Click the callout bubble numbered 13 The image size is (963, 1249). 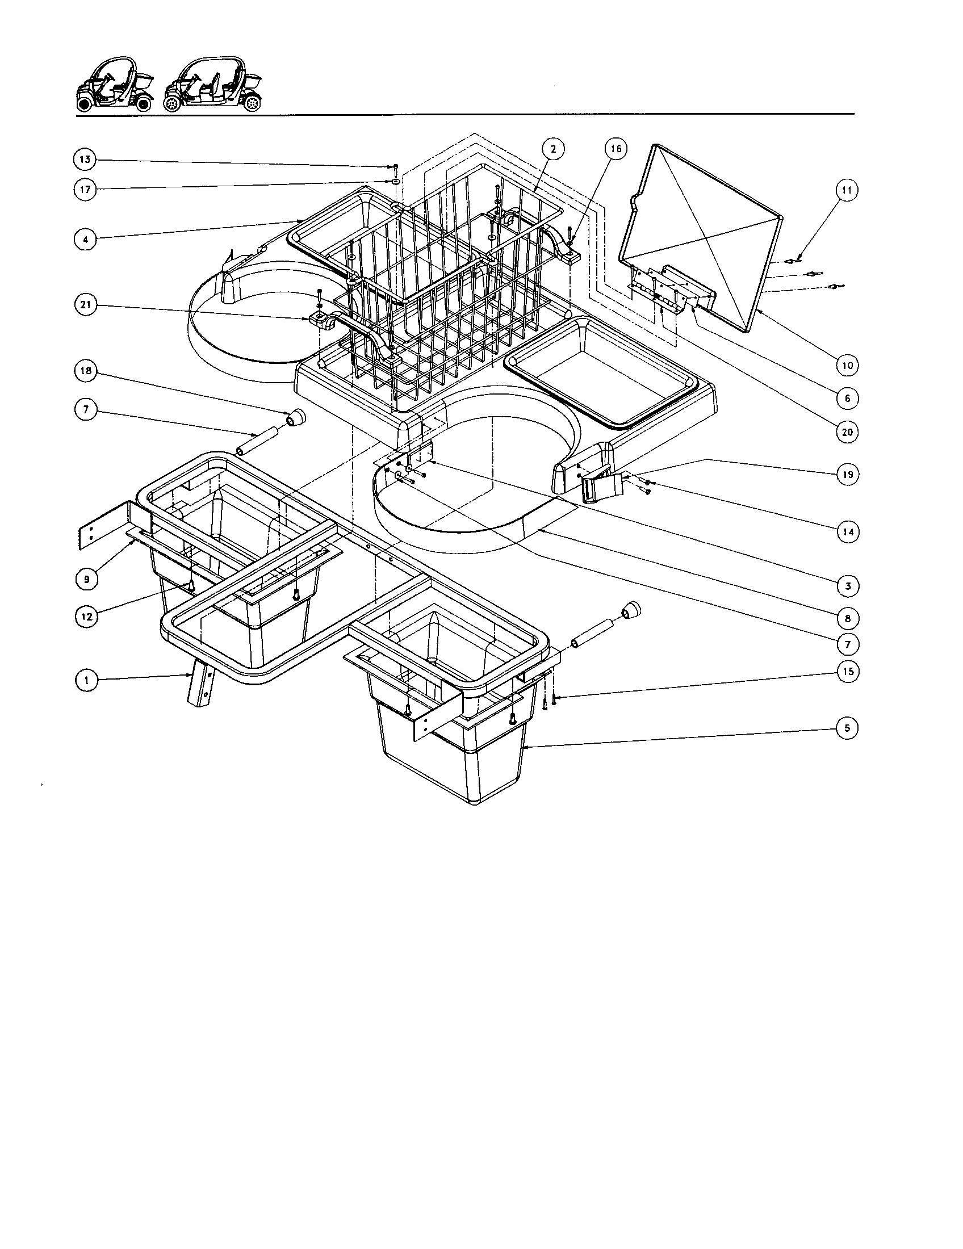tap(85, 160)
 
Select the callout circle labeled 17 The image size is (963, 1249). tap(85, 190)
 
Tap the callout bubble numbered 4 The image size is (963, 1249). tap(85, 239)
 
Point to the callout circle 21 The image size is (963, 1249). tap(85, 305)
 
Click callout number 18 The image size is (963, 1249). tap(85, 371)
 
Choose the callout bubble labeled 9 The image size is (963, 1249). tap(86, 579)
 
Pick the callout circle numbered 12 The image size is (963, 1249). tap(86, 616)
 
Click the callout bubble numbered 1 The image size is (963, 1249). tap(86, 680)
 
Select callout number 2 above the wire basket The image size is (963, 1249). tap(553, 149)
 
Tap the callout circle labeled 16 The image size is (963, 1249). tap(616, 149)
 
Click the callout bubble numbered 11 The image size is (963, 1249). tap(847, 190)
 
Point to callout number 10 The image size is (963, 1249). tap(847, 365)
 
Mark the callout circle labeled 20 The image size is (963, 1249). tap(847, 432)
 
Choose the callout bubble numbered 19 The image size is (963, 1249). tap(847, 474)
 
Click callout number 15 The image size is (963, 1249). tap(848, 671)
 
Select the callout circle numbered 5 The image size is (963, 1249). tap(847, 728)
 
